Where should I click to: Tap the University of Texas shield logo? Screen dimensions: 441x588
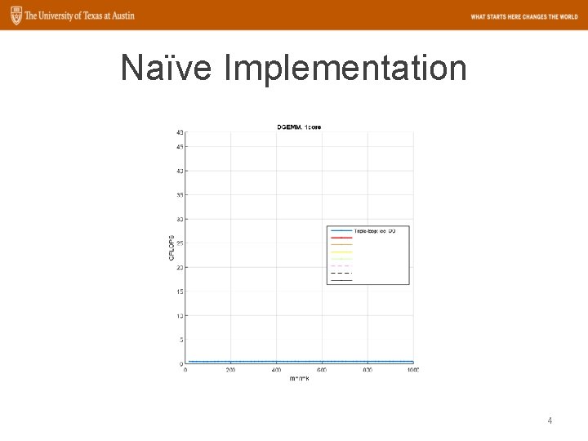[12, 16]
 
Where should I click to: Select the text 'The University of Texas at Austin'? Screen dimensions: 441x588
[79, 16]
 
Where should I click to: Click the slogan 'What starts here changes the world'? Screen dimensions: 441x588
[523, 16]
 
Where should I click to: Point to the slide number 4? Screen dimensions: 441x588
[550, 421]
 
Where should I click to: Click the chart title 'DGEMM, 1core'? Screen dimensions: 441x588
[299, 127]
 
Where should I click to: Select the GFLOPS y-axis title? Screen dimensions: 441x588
[172, 247]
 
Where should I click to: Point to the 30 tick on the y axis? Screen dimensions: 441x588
[179, 219]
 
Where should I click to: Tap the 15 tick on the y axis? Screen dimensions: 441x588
[179, 292]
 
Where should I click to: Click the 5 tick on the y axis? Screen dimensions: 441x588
[180, 340]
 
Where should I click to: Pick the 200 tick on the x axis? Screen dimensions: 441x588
[230, 370]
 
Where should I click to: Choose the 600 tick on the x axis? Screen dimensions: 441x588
[322, 370]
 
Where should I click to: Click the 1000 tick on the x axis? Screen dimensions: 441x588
[412, 370]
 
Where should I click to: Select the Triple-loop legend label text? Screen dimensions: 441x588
[375, 231]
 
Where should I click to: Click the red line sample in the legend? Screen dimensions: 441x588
[341, 238]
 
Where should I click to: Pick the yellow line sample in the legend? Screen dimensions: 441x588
[341, 252]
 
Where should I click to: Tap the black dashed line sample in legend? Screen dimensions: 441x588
[341, 273]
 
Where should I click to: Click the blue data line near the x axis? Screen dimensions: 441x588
[299, 362]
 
